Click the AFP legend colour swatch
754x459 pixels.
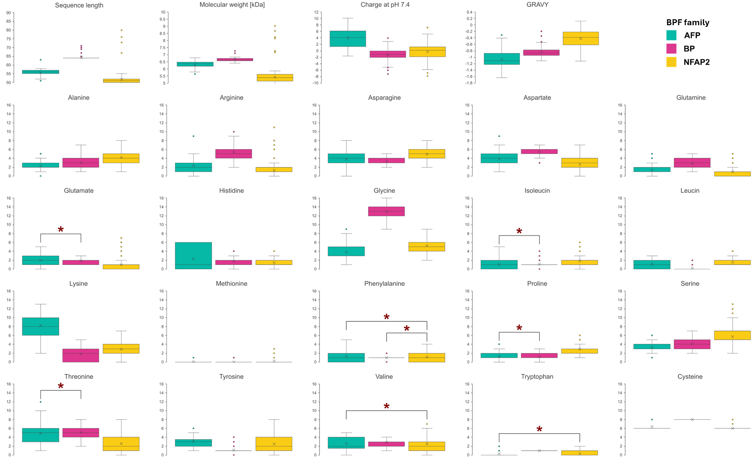671,35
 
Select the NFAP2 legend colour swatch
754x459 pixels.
671,62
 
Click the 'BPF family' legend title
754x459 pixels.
688,22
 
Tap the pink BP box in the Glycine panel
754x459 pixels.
386,211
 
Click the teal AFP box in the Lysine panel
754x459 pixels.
41,327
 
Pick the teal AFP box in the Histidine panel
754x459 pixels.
193,256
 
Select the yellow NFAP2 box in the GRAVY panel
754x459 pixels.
581,38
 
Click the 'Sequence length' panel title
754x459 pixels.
79,5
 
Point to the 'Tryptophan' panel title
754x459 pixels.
537,377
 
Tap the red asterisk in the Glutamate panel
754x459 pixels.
61,230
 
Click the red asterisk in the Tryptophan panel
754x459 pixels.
539,430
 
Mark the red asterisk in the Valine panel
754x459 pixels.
386,406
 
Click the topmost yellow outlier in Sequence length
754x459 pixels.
122,30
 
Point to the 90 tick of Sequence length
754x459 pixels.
9,13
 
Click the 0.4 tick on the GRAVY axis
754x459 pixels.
470,12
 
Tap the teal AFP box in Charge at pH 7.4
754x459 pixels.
347,38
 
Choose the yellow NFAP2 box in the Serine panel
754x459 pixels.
732,335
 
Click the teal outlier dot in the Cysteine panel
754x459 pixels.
652,420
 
